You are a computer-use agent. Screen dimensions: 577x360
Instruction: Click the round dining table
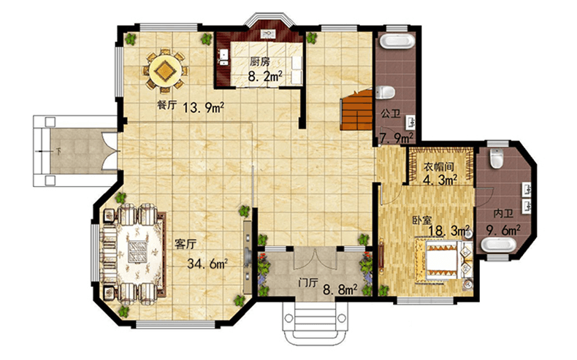(165, 70)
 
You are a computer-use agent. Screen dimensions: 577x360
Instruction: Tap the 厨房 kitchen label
(260, 61)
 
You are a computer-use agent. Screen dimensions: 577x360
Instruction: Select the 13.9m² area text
(204, 108)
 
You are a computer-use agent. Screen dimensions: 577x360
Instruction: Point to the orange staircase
(356, 110)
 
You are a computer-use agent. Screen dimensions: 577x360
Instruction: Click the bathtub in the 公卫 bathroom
(396, 41)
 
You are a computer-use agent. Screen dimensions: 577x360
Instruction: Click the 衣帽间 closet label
(439, 167)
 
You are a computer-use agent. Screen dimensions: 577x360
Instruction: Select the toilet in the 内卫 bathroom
(497, 158)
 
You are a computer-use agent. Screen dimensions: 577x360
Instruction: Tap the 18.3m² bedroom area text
(449, 231)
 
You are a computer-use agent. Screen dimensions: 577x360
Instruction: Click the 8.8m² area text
(340, 290)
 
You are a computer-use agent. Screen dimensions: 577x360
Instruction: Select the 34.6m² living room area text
(207, 264)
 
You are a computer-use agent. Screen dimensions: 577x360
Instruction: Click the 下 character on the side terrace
(58, 151)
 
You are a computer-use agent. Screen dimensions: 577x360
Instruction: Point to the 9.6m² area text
(503, 230)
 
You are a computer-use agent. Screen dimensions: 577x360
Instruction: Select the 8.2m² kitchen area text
(265, 77)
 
